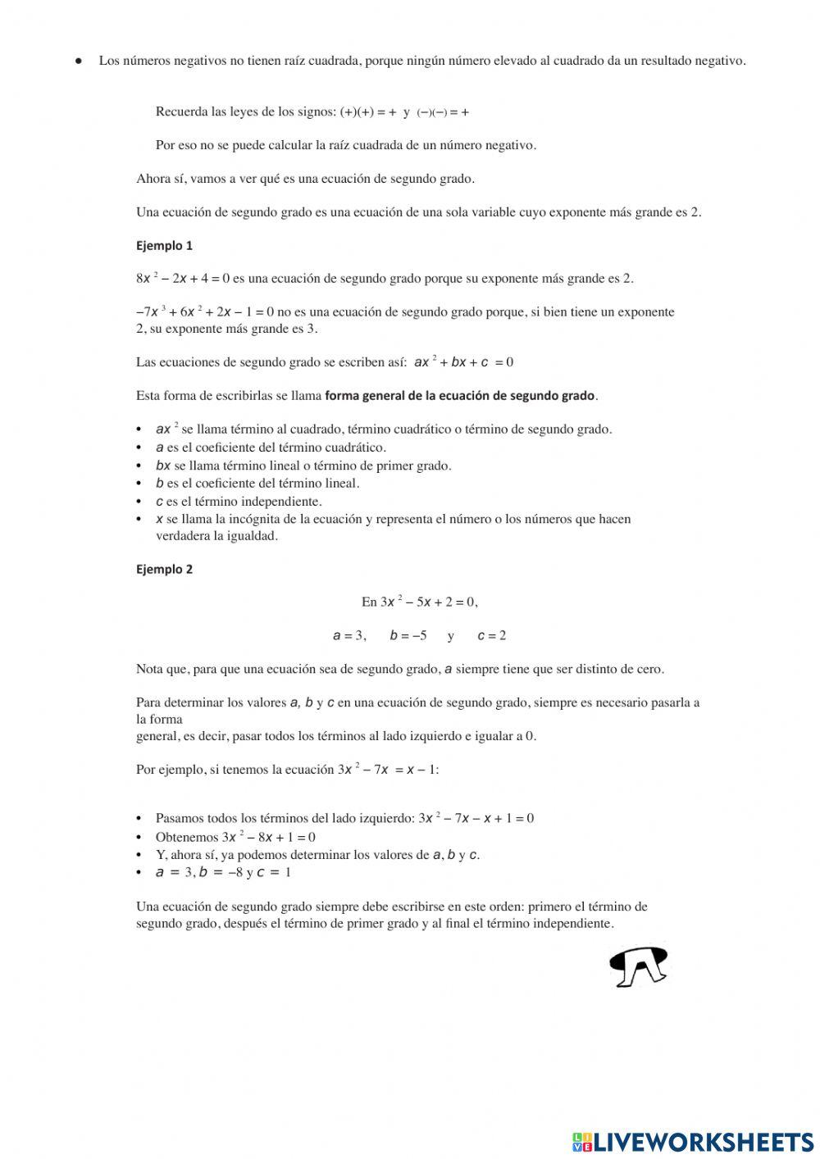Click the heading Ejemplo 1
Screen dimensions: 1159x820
[x=164, y=245]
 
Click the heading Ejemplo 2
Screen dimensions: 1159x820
[x=164, y=569]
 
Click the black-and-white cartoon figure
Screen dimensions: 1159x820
[x=639, y=966]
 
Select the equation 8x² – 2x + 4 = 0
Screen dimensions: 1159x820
[x=182, y=279]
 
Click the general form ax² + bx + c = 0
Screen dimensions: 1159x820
[x=463, y=362]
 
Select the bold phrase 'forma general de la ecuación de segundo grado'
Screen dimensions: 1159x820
[x=459, y=396]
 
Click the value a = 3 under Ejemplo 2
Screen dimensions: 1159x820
[x=348, y=636]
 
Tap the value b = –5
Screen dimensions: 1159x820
[x=408, y=636]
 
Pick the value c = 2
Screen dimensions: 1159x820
[x=491, y=636]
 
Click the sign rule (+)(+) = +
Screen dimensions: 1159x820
[x=368, y=112]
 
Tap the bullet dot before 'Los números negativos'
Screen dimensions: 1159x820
[x=80, y=61]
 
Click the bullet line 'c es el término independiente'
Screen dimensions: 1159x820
[x=239, y=502]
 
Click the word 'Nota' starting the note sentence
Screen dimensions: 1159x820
[x=149, y=669]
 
